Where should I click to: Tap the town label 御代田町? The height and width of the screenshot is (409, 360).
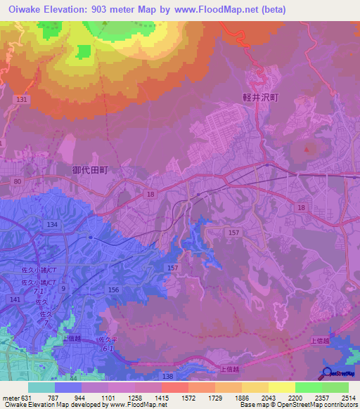point(91,169)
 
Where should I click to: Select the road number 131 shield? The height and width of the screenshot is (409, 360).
point(22,100)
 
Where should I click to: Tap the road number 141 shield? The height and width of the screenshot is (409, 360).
point(15,299)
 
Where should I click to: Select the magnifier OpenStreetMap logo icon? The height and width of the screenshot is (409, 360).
point(326,373)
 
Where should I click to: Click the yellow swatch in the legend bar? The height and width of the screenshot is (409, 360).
point(281,387)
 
